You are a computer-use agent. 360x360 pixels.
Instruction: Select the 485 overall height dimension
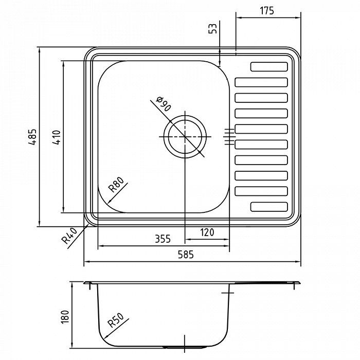tap(32, 137)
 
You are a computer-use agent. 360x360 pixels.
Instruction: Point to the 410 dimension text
tap(57, 137)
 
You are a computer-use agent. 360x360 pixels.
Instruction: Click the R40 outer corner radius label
tap(68, 237)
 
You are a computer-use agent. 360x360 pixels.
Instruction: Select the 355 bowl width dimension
tap(163, 239)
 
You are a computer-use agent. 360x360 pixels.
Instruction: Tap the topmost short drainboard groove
tap(268, 66)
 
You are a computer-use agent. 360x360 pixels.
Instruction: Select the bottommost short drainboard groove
tap(268, 207)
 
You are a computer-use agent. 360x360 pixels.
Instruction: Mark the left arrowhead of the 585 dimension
tap(86, 263)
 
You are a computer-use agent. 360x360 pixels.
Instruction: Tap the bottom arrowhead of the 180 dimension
tap(72, 343)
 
